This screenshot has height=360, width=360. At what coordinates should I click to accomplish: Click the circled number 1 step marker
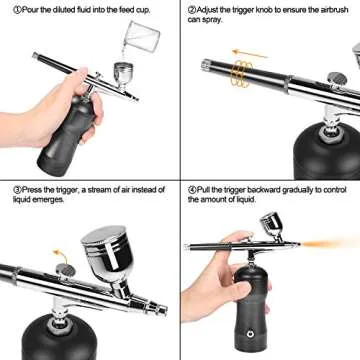(x=6, y=8)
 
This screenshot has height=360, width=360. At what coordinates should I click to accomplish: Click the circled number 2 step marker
(x=191, y=8)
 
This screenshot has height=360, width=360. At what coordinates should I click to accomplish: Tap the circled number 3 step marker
(x=6, y=188)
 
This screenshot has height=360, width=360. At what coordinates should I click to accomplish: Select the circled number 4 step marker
(x=191, y=188)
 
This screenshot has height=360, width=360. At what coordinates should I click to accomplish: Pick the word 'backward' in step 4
(x=265, y=188)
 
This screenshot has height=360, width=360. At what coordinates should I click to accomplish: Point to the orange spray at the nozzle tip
(x=340, y=242)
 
